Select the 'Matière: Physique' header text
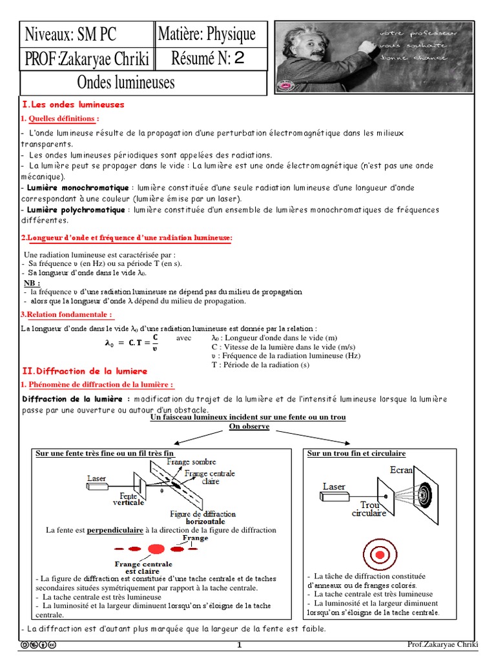click(x=207, y=34)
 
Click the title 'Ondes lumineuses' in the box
click(x=125, y=83)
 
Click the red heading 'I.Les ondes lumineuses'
click(x=73, y=105)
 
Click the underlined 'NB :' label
click(x=32, y=283)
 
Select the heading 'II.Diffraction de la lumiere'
click(x=85, y=371)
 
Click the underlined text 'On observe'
click(x=249, y=427)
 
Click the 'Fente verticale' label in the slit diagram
click(x=128, y=498)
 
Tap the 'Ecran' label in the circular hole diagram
click(x=401, y=470)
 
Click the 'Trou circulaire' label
click(x=369, y=509)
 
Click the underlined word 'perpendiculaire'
click(x=115, y=530)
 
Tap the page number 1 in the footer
click(x=238, y=645)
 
